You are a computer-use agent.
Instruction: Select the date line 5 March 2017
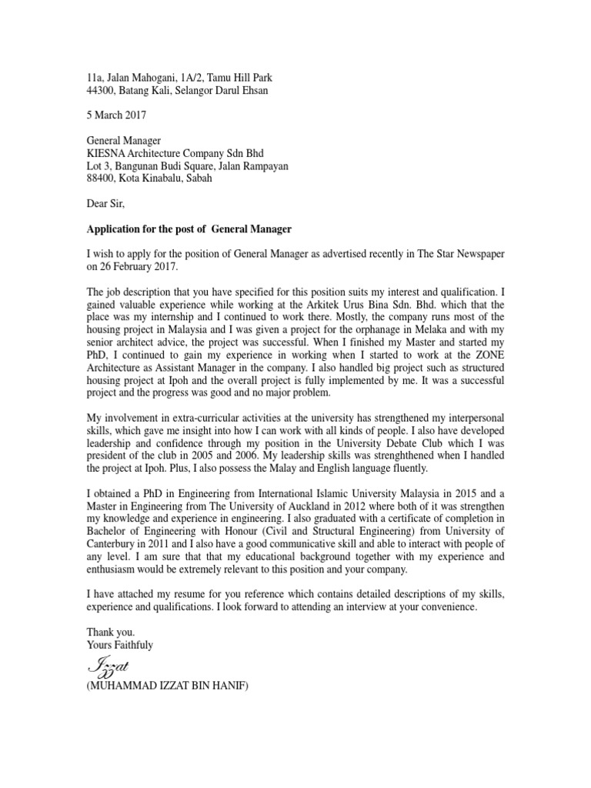pyautogui.click(x=115, y=115)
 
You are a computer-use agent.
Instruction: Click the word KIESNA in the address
pyautogui.click(x=106, y=153)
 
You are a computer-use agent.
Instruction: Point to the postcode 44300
pyautogui.click(x=100, y=90)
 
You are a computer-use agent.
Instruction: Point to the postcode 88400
pyautogui.click(x=100, y=179)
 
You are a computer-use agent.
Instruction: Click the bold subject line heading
pyautogui.click(x=189, y=229)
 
